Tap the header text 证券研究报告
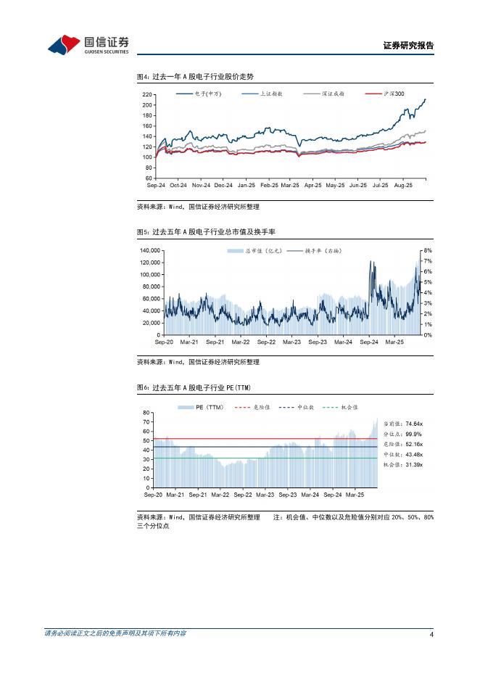(x=408, y=46)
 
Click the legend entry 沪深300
(x=394, y=94)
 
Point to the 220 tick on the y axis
(x=148, y=95)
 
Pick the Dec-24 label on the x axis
(x=223, y=186)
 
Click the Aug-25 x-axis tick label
(x=402, y=186)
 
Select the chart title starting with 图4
(x=195, y=76)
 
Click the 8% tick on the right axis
(x=428, y=250)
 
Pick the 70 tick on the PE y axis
(x=146, y=421)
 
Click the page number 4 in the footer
(x=431, y=635)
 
